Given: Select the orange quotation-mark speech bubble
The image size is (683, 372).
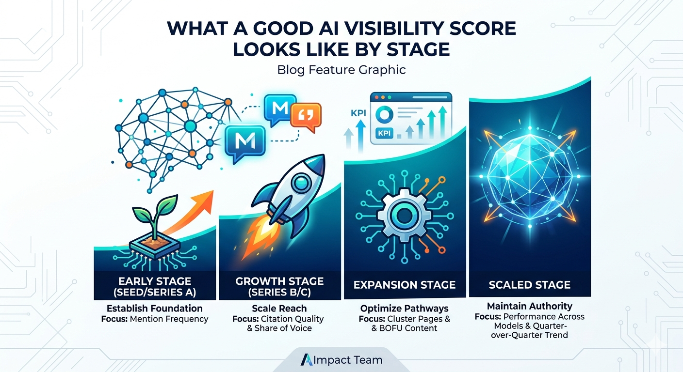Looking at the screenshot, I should [305, 117].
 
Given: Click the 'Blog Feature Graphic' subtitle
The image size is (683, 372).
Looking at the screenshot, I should [341, 70].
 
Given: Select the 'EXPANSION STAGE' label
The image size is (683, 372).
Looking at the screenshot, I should [405, 284].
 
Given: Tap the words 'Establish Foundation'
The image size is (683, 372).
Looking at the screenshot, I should [155, 309].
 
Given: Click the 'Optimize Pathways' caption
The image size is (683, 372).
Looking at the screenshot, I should [405, 309].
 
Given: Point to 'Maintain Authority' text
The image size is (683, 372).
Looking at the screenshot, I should [530, 306].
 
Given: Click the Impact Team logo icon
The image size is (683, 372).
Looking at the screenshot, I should [307, 360].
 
